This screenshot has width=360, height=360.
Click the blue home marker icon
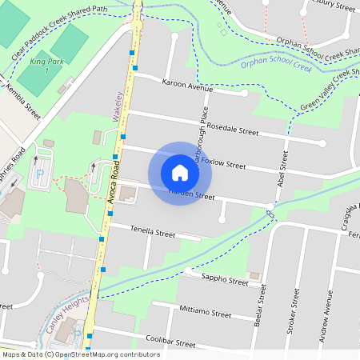click(180, 173)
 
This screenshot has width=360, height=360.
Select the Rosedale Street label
click(232, 130)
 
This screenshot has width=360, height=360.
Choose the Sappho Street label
click(226, 281)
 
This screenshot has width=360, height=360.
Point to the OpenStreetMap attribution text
click(80, 354)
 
